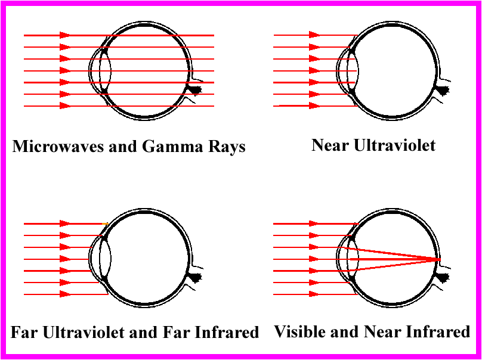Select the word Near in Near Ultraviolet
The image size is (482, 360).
[x=330, y=145]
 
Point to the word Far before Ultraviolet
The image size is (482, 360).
[x=23, y=331]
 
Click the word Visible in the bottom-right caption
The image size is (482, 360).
[x=299, y=331]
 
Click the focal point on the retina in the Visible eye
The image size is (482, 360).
[x=439, y=259]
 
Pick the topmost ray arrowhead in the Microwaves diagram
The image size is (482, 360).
[x=65, y=35]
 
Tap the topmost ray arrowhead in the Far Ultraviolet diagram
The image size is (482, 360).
[x=65, y=224]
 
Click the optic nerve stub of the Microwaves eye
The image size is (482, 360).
[x=194, y=89]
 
